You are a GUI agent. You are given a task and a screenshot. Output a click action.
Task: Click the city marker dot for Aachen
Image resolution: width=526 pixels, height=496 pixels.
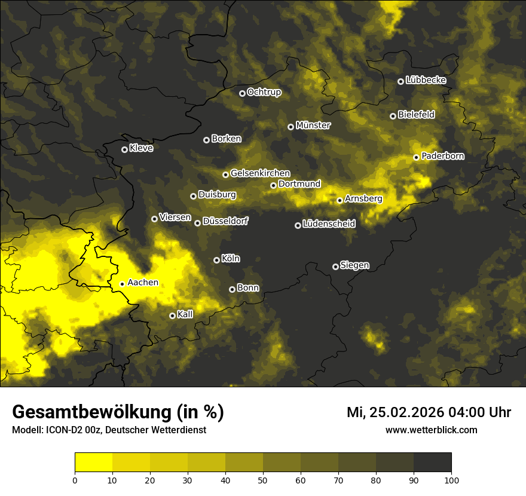122,284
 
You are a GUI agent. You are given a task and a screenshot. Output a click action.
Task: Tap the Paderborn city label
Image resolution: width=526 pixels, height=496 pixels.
443,156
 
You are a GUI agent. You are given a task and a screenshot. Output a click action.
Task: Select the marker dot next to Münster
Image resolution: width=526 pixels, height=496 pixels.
290,127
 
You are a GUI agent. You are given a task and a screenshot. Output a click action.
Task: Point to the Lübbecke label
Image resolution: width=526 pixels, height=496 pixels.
426,80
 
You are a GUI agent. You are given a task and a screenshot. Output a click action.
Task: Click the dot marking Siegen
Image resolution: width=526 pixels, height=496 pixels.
335,267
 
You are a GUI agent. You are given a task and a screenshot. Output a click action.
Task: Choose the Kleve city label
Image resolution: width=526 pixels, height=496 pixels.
141,148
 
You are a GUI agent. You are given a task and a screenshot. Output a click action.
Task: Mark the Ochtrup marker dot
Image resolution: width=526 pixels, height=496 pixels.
242,93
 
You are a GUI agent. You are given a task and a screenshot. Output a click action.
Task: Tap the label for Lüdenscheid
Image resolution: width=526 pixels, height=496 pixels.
329,224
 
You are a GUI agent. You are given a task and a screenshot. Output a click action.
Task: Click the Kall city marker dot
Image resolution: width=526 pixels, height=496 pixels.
172,316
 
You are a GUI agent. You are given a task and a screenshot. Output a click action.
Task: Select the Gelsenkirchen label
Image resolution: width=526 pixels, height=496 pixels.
260,173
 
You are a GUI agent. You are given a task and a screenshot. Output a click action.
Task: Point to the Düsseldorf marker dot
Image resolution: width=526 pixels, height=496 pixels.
197,223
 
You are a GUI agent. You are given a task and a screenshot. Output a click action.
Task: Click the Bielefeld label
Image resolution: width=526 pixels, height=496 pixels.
416,115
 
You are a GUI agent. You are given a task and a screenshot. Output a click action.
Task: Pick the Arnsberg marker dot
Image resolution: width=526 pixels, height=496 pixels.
340,200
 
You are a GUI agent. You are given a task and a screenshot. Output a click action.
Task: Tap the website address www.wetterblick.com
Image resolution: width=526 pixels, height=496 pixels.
432,430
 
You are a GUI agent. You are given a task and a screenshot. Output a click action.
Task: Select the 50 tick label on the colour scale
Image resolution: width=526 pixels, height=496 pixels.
263,479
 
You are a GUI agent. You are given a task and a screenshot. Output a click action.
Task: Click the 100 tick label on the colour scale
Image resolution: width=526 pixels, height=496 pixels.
451,479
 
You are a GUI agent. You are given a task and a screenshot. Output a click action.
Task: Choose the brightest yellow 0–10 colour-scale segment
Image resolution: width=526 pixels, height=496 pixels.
94,463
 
